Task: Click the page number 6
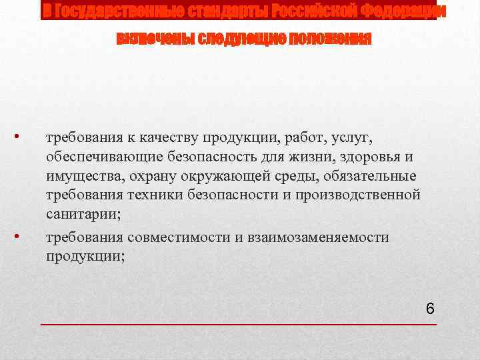click(430, 309)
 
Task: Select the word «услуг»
click(357, 138)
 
